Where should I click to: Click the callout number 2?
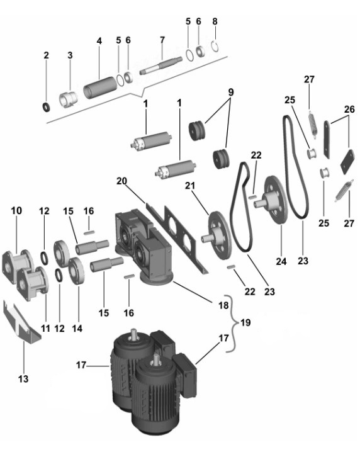click(47, 55)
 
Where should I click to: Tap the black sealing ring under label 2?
click(46, 107)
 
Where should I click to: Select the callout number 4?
click(99, 41)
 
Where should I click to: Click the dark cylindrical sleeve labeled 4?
click(100, 86)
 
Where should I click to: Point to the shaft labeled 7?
click(161, 65)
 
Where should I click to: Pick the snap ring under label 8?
click(214, 47)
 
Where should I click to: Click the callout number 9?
click(230, 93)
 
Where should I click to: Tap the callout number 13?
click(23, 378)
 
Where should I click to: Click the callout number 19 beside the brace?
click(245, 322)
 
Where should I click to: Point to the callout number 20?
click(121, 181)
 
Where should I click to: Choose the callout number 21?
click(190, 186)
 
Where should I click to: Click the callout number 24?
click(281, 261)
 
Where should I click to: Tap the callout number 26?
click(349, 110)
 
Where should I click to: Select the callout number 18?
click(223, 305)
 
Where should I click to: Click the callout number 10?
click(16, 211)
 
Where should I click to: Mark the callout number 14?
click(77, 329)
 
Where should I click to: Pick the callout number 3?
click(70, 55)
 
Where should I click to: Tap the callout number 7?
click(162, 40)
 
